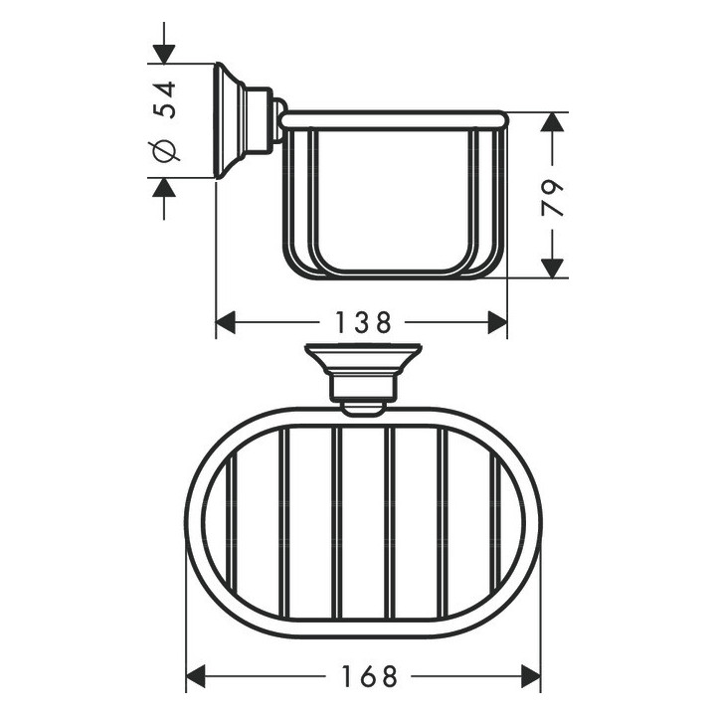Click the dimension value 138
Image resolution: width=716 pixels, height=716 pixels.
(364, 323)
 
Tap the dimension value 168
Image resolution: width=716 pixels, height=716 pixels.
(369, 677)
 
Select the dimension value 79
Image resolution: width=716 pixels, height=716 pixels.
(552, 197)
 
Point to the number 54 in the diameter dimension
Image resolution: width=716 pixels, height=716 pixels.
(164, 99)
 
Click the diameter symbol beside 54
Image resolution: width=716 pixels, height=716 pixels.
(164, 150)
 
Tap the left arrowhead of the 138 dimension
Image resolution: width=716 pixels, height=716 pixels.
(225, 323)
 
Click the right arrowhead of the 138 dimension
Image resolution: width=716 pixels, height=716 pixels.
(497, 323)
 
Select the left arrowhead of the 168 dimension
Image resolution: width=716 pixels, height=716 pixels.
(196, 677)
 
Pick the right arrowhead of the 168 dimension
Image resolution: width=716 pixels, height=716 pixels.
(531, 677)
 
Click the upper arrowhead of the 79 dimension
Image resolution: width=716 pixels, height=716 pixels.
(552, 122)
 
